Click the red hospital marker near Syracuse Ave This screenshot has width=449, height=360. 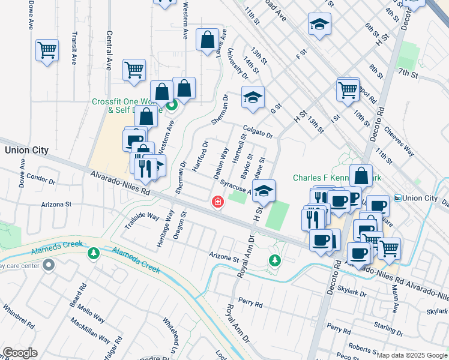(217, 202)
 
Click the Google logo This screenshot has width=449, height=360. (19, 353)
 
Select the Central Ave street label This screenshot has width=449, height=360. (109, 51)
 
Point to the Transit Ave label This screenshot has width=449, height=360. (74, 47)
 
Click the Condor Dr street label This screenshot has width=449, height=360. (41, 179)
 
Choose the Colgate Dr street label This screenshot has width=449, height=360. (258, 131)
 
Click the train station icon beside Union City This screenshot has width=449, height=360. (397, 199)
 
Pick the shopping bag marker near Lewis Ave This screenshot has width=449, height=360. (207, 40)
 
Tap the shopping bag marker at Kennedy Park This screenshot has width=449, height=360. (361, 176)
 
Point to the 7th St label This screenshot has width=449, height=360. (408, 73)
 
